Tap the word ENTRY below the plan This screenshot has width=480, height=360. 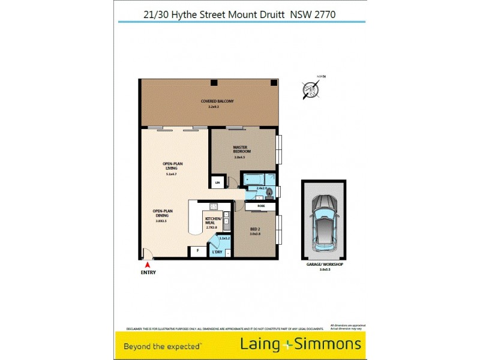pyautogui.click(x=148, y=272)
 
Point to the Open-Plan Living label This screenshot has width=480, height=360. pyautogui.click(x=172, y=166)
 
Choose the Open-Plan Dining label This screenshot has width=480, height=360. pyautogui.click(x=163, y=214)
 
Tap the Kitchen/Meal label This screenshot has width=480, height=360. pyautogui.click(x=213, y=221)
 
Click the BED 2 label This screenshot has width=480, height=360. pyautogui.click(x=256, y=230)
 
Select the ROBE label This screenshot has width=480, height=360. pyautogui.click(x=261, y=206)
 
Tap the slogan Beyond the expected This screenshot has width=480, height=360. pyautogui.click(x=162, y=346)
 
